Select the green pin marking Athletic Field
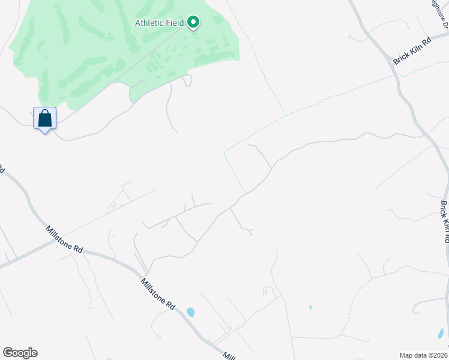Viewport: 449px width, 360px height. pos(193,23)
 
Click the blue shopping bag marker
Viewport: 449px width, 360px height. pos(45,118)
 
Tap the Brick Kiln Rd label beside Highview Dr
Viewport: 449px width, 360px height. pos(412,52)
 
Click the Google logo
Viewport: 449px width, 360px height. pos(20,353)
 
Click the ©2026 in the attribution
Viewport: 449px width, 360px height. pos(438,355)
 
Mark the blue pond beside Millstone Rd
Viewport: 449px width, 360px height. pos(190,311)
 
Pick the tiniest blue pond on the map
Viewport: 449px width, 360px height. pos(310,307)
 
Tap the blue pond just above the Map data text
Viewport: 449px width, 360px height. pos(441,333)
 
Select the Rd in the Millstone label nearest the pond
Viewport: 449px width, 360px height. pos(170,305)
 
